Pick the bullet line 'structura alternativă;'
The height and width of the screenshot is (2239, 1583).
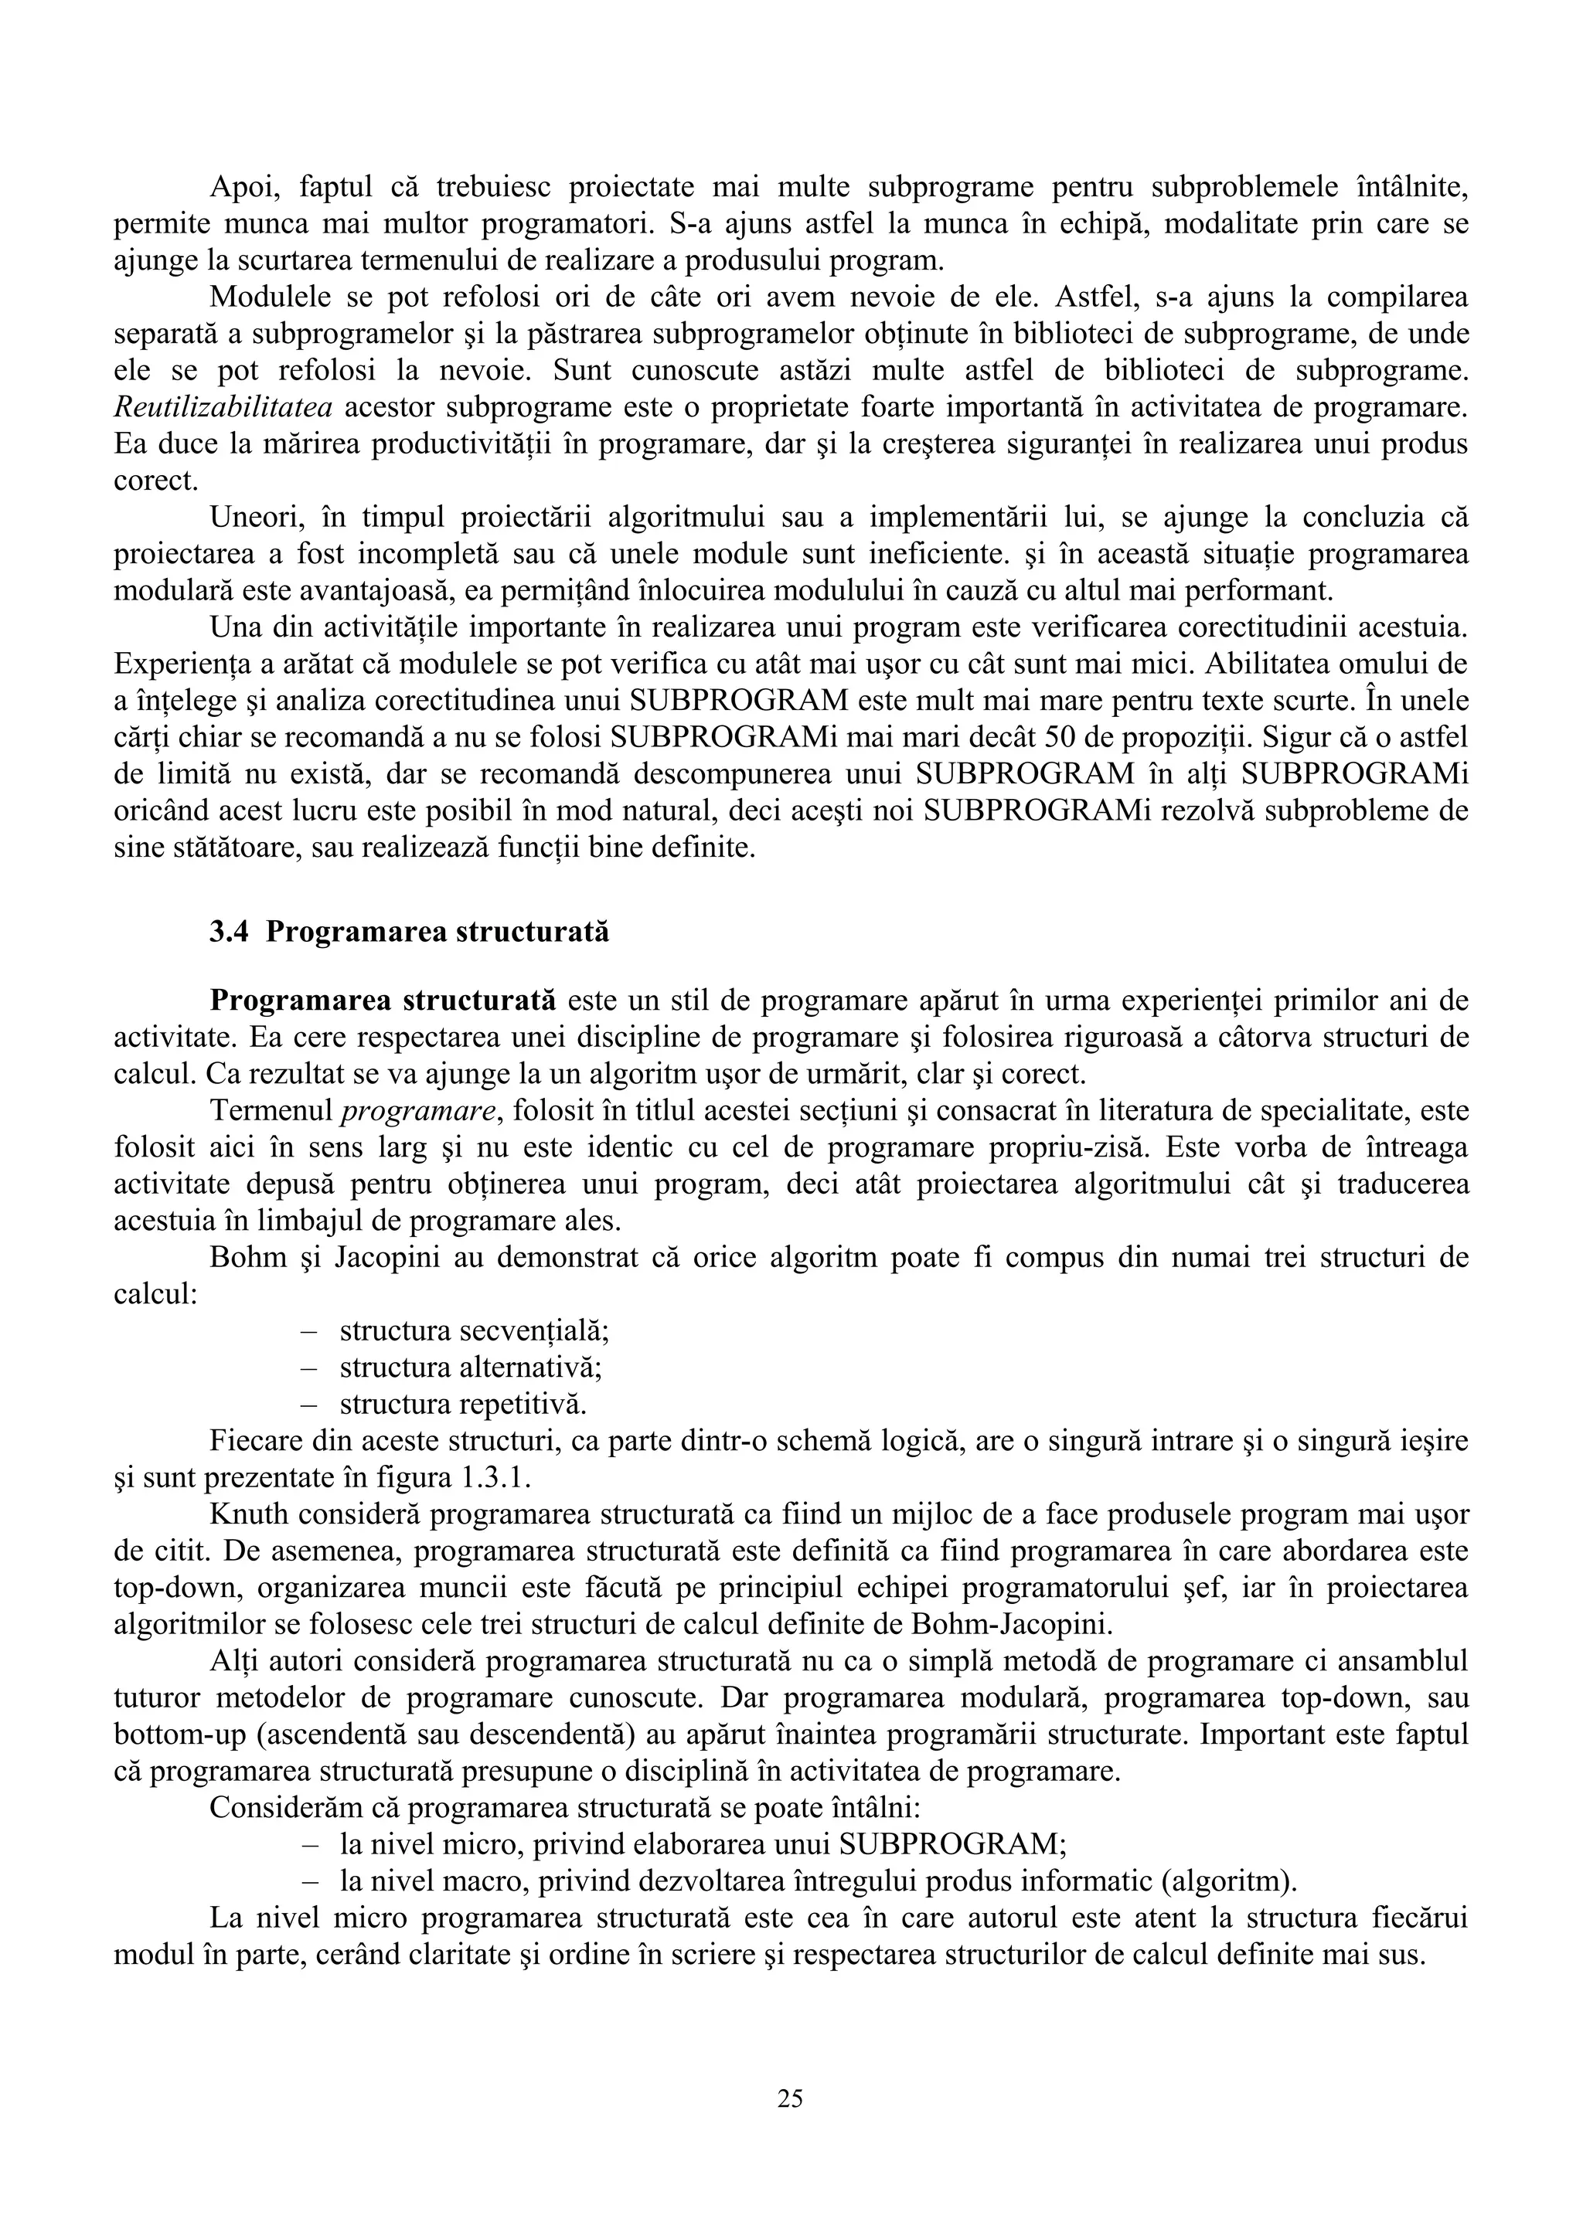[470, 1368]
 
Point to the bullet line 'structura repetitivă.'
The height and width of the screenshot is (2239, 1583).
[463, 1405]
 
